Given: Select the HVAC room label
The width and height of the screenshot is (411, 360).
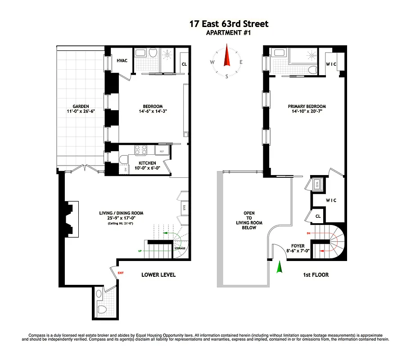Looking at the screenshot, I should tap(122, 61).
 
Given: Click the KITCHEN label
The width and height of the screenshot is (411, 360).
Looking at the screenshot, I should tap(147, 163).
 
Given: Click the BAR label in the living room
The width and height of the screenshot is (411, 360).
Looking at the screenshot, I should tap(184, 207).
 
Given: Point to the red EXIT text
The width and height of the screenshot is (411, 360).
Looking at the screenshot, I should tap(120, 273).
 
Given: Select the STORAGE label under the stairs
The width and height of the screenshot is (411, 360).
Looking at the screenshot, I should tap(180, 248).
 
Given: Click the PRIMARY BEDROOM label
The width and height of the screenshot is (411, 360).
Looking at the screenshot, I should tap(307, 107).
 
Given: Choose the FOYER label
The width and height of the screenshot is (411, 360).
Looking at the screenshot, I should tap(298, 246).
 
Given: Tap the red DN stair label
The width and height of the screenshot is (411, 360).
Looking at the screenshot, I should tap(308, 233).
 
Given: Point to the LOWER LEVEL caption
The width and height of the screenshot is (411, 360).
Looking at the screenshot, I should tap(158, 274).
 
